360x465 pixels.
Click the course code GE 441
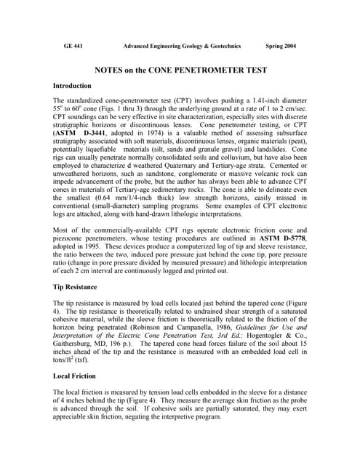coord(73,46)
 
